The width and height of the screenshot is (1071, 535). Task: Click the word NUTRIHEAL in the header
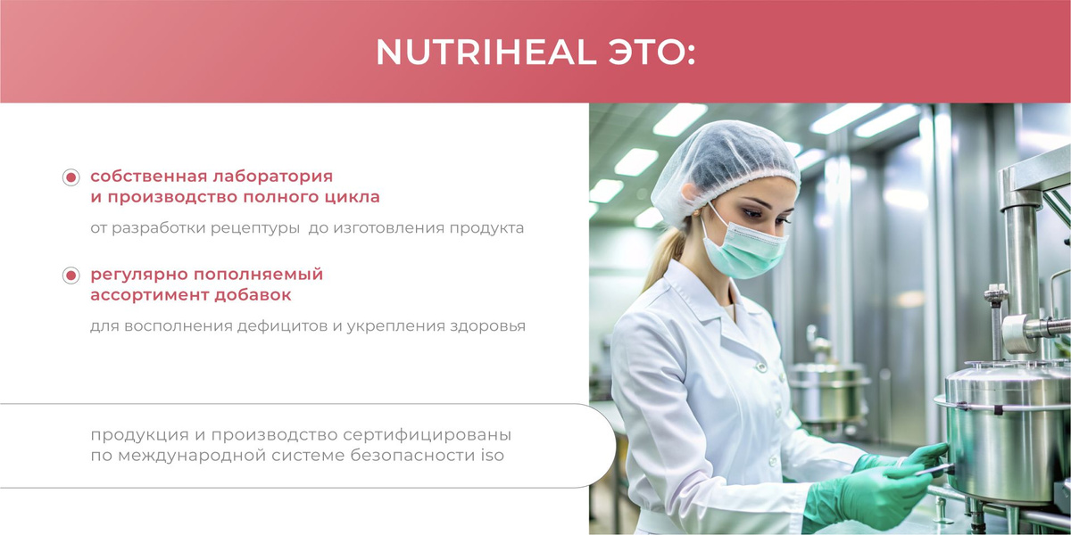pyautogui.click(x=486, y=52)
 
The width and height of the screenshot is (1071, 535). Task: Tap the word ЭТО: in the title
pyautogui.click(x=652, y=52)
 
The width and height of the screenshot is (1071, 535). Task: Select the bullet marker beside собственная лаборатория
pyautogui.click(x=71, y=177)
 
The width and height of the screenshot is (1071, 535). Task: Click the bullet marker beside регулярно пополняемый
pyautogui.click(x=71, y=276)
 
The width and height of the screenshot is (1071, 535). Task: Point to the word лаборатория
pyautogui.click(x=272, y=177)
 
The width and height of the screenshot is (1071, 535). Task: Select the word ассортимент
pyautogui.click(x=148, y=295)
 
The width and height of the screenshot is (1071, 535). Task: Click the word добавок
pyautogui.click(x=253, y=295)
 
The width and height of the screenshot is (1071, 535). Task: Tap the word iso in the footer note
pyautogui.click(x=493, y=456)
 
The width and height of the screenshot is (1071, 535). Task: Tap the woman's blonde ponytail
pyautogui.click(x=667, y=256)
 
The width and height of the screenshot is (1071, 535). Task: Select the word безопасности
pyautogui.click(x=413, y=456)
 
